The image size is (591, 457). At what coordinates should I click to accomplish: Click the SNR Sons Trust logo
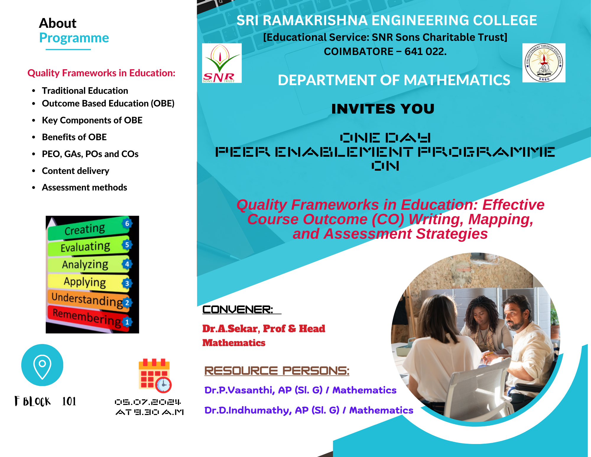click(222, 63)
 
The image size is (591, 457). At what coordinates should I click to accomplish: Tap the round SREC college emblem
click(544, 63)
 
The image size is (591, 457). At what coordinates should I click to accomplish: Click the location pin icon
click(42, 365)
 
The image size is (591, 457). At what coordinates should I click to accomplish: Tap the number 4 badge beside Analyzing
click(127, 264)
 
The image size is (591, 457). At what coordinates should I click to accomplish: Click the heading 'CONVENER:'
click(238, 310)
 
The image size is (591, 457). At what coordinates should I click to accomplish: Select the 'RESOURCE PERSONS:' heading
click(277, 371)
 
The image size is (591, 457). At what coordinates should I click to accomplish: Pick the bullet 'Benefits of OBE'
click(74, 137)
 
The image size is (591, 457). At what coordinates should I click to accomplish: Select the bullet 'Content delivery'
click(76, 171)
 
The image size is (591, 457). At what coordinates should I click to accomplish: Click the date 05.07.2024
click(148, 402)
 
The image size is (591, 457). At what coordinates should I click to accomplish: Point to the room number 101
click(69, 401)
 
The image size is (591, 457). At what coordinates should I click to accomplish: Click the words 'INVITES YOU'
click(383, 109)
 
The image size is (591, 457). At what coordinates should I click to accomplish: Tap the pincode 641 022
click(426, 51)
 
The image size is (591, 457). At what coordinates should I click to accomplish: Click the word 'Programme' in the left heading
click(74, 38)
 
